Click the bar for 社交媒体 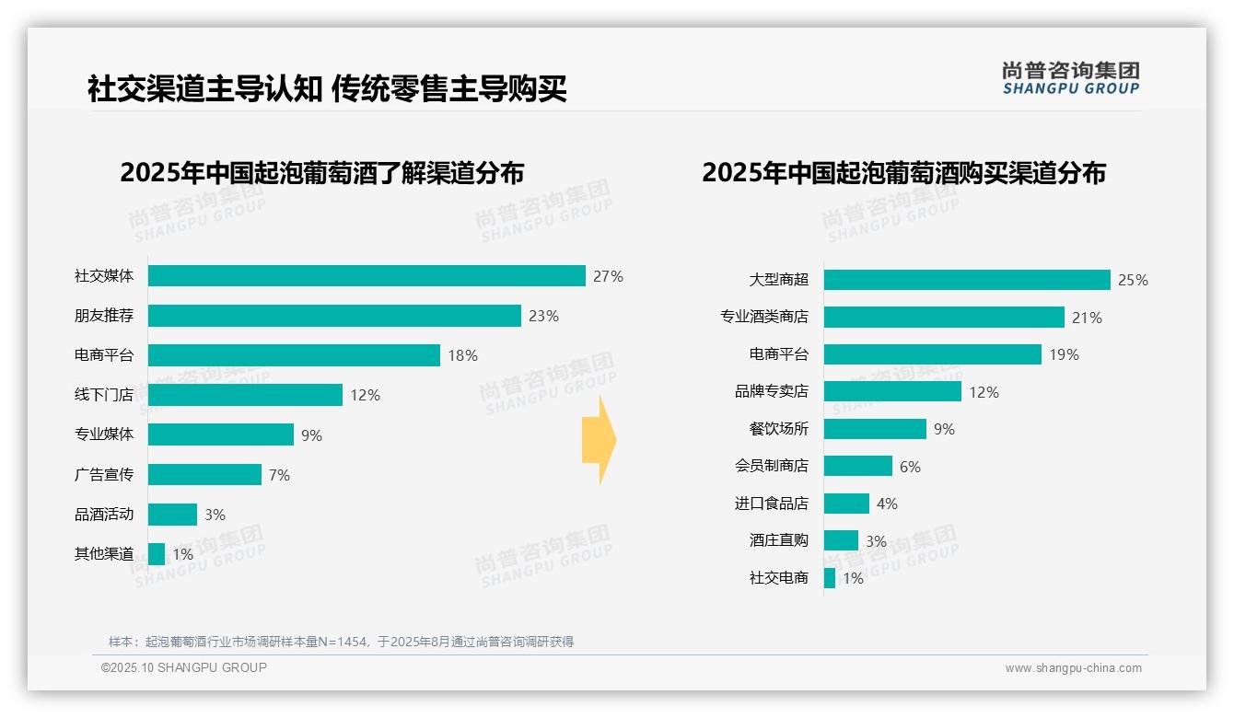coord(367,276)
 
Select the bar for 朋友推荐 coord(334,316)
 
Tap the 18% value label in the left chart coord(462,355)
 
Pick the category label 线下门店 coord(104,395)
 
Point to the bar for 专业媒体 coord(221,434)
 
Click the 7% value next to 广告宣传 coord(280,475)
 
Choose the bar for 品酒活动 coord(172,515)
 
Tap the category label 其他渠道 coord(104,554)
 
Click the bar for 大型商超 coord(967,280)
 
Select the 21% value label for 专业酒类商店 coord(1087,318)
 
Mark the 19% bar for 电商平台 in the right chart coord(932,354)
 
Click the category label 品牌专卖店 coord(772,392)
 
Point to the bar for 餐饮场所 coord(875,429)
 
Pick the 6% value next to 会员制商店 coord(910,467)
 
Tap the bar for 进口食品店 coord(846,504)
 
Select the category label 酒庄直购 coord(779,541)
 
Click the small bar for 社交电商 coord(830,578)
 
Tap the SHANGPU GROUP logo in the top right coord(1070,78)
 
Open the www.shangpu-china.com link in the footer coord(1073,668)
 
